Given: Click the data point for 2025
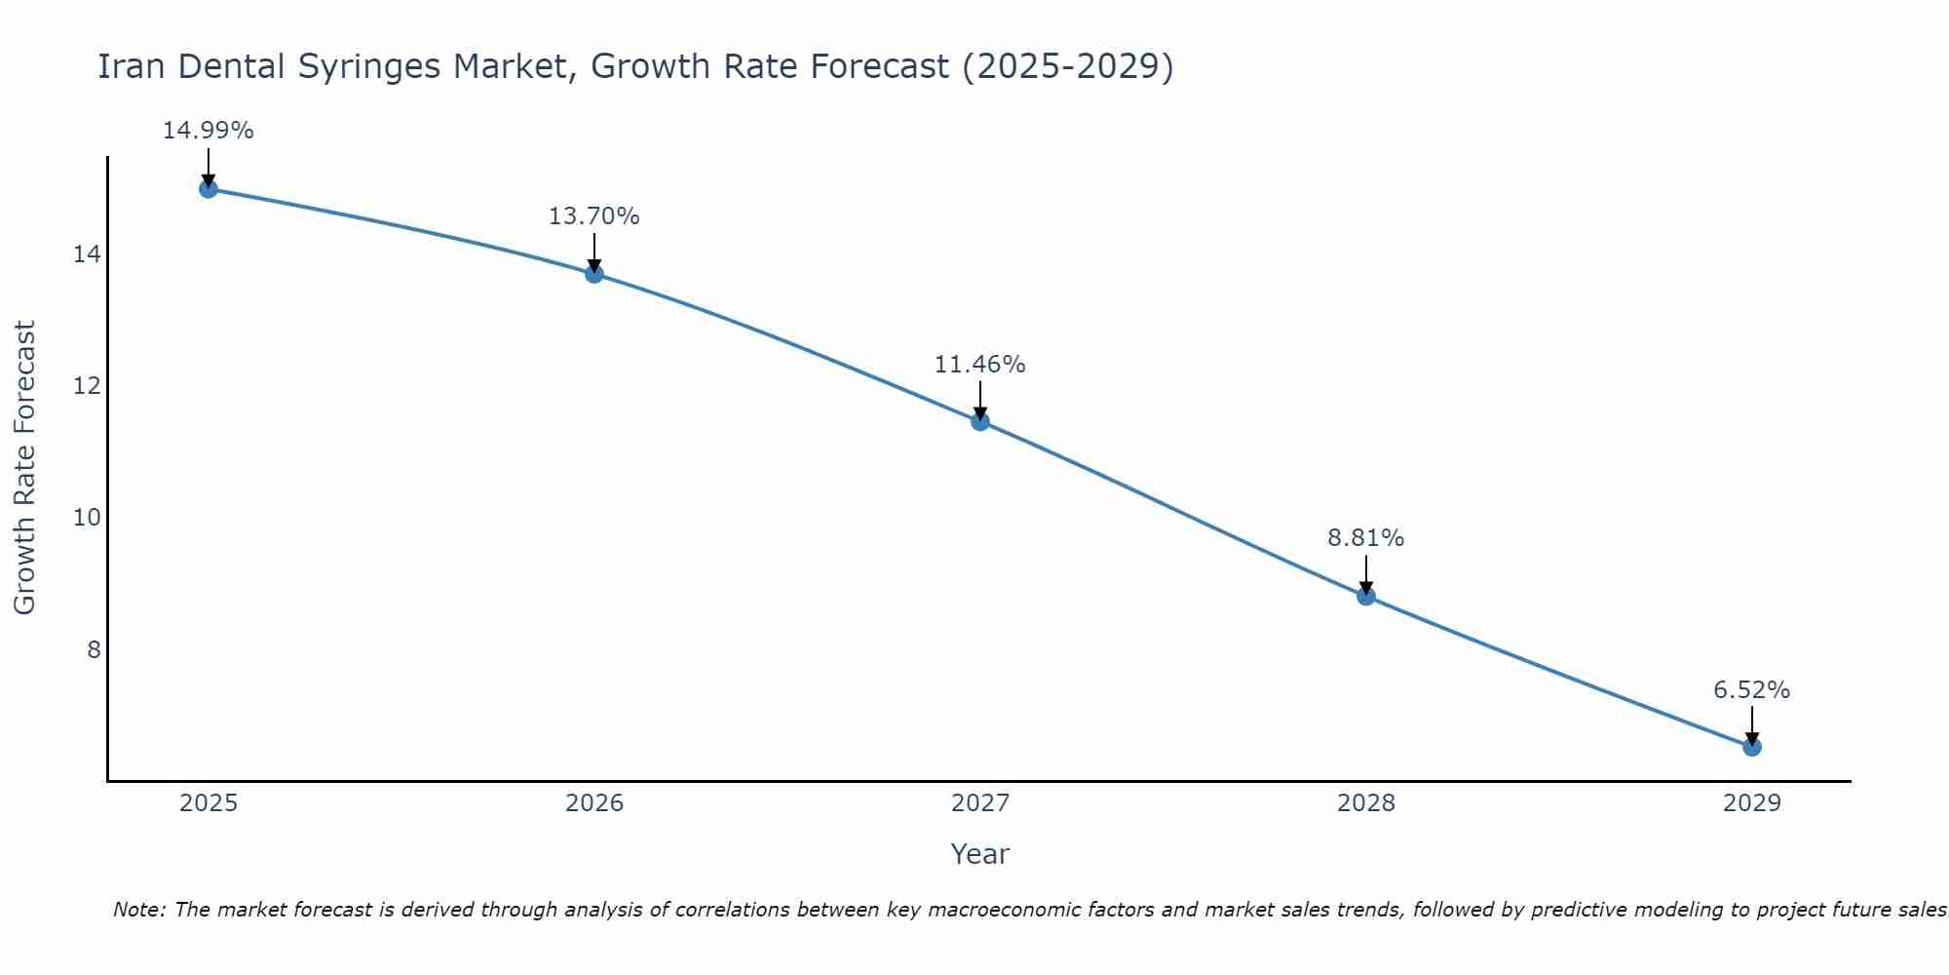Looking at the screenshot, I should click(x=208, y=188).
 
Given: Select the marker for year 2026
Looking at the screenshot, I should click(x=593, y=274).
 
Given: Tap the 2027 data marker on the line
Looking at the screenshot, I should click(x=979, y=421).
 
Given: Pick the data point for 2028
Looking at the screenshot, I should click(x=1365, y=596).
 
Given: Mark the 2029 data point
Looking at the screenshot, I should click(x=1751, y=747).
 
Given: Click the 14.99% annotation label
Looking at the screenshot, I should click(x=208, y=131).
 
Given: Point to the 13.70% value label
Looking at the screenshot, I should click(x=593, y=216).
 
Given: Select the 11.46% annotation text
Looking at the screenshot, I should click(x=979, y=365).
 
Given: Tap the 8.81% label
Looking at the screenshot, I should click(x=1365, y=538).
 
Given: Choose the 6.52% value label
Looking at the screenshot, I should click(x=1751, y=690).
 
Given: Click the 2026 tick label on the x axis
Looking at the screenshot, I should click(x=593, y=803).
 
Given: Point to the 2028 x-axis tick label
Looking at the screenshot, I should click(x=1365, y=803).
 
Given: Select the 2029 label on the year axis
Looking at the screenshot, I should click(x=1751, y=803).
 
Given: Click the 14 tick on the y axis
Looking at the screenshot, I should click(x=87, y=254).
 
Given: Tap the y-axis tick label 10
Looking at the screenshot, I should click(x=87, y=518).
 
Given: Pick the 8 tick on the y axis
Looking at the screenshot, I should click(x=94, y=649).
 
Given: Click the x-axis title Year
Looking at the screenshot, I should click(x=979, y=854).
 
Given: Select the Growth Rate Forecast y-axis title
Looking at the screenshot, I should click(x=24, y=468).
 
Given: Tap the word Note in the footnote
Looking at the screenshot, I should click(x=139, y=910).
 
